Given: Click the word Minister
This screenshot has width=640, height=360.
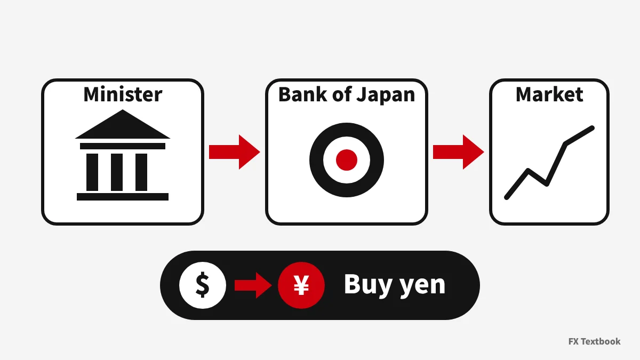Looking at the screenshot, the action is point(123,94).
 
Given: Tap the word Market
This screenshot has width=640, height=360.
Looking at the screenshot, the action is point(549,94).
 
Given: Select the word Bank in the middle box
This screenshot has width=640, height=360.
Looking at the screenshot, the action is point(302,94).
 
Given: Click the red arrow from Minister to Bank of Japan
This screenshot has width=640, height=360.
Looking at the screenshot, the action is point(234,151).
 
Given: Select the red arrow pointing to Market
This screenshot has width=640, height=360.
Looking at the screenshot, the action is point(458,151).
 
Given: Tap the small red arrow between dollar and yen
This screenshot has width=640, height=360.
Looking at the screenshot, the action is point(253,285).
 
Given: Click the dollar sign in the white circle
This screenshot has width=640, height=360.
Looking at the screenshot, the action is point(203,285).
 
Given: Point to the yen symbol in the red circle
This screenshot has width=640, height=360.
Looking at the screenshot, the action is point(301,285).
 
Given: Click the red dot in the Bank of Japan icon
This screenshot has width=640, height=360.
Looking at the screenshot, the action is point(347,160).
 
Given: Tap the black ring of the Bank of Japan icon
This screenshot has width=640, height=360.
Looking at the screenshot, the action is point(316,160).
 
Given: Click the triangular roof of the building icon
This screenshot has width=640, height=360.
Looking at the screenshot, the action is point(123,127).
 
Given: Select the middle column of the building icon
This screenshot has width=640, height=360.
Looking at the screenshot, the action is point(117,172).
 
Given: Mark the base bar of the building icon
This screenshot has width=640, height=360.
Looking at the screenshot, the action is point(123,197).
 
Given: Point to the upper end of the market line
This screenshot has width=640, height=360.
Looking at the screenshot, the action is point(593,128).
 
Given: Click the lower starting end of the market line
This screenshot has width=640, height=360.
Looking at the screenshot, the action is point(507,197).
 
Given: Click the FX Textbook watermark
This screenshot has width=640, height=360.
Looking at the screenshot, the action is point(594,341).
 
